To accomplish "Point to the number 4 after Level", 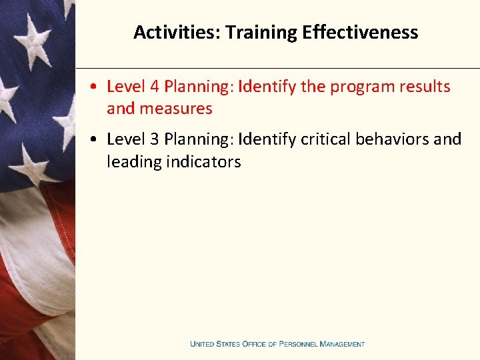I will coord(154,87).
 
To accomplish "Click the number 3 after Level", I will coord(154,139).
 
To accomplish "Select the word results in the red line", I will coord(427,87).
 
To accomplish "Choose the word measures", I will coord(176,108).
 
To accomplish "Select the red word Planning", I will coord(199,87).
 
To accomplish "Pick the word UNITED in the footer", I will coord(204,344).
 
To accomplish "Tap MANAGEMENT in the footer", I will coord(342,344).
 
